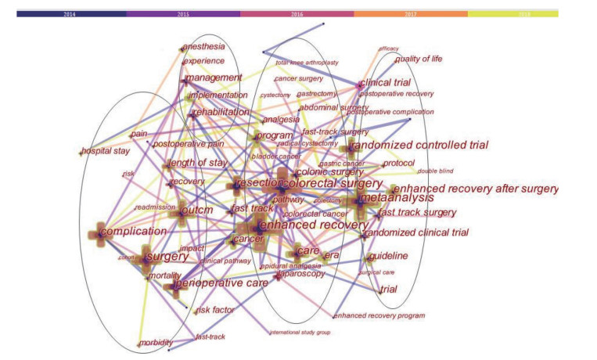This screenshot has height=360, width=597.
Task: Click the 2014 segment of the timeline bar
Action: click(x=71, y=13)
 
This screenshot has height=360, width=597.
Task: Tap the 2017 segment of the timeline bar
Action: click(x=411, y=13)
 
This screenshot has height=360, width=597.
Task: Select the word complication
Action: click(x=134, y=232)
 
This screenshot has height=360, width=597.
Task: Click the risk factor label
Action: click(x=214, y=310)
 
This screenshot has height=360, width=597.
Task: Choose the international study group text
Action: click(x=300, y=333)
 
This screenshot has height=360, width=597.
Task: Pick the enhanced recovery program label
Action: click(x=379, y=316)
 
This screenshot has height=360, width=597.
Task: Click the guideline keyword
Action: click(x=388, y=256)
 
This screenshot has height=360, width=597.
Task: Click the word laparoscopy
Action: click(x=302, y=274)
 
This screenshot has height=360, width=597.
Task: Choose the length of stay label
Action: click(x=198, y=163)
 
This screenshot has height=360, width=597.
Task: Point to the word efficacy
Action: click(x=388, y=49)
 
